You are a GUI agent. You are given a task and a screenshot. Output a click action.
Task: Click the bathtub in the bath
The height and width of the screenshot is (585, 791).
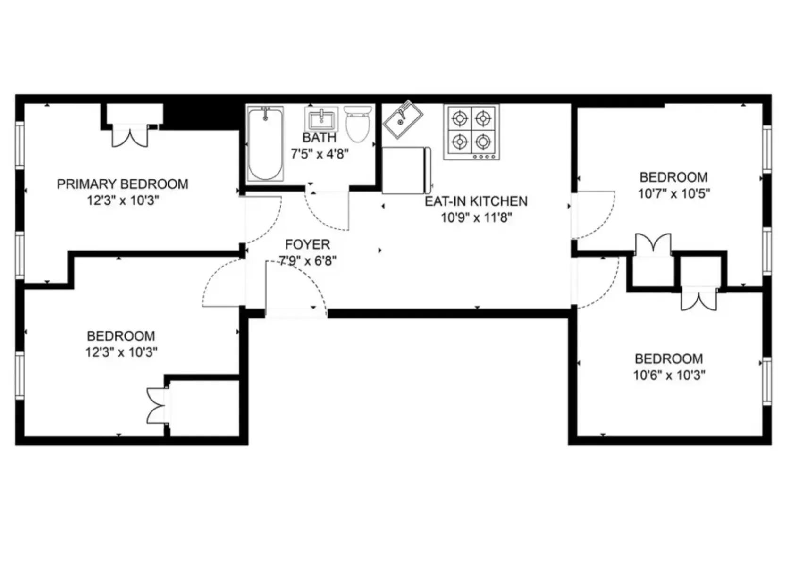[x=265, y=144]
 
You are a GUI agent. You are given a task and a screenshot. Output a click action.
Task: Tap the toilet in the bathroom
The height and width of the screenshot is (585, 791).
[x=358, y=124]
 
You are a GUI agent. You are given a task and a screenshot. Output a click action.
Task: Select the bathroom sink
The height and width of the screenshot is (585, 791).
[x=321, y=119]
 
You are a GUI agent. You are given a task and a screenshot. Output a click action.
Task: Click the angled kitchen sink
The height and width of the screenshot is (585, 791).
[x=402, y=119]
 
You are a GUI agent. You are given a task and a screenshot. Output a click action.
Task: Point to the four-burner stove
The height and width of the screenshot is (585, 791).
[x=471, y=132]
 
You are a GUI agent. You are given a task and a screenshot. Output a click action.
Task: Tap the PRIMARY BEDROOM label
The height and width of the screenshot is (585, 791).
[x=122, y=184]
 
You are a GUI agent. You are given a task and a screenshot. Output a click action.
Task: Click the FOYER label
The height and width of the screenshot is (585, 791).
[x=307, y=244]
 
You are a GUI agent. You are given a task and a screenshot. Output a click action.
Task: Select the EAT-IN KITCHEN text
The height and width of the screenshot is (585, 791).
[x=476, y=201]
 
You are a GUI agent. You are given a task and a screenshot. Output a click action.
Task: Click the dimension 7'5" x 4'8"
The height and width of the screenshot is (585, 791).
[x=320, y=154]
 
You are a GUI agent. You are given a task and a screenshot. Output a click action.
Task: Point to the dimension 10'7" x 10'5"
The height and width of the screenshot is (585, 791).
[x=673, y=193]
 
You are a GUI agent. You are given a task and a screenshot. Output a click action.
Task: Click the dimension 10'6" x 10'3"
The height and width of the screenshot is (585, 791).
[x=669, y=375]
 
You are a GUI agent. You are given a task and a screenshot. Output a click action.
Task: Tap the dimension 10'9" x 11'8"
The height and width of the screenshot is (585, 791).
[x=476, y=217]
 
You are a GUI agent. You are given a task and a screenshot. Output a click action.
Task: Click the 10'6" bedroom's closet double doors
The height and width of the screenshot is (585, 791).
[x=698, y=300]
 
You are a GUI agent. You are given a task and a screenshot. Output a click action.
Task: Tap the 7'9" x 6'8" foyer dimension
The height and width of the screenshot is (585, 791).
[x=307, y=260]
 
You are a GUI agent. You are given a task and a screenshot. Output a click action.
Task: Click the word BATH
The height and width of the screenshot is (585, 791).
[x=319, y=138]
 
